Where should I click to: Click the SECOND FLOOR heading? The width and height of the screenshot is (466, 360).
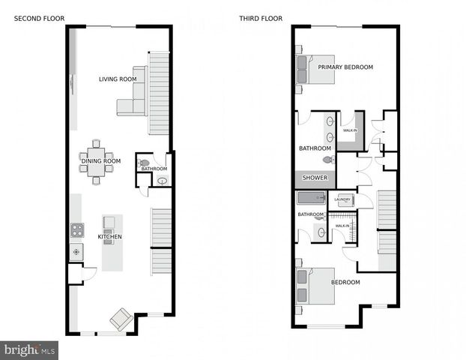[x=40, y=17]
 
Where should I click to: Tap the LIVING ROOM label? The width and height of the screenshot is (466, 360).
[x=118, y=79]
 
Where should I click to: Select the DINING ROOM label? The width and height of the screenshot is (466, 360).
[x=100, y=160]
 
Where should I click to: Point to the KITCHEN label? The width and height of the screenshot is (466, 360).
[x=109, y=237]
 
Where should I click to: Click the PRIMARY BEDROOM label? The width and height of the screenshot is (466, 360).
[x=345, y=67]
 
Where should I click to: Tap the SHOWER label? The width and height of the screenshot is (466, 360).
[x=315, y=178]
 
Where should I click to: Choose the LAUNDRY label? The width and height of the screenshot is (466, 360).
[x=342, y=199]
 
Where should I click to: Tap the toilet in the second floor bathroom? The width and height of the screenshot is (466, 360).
[x=145, y=163]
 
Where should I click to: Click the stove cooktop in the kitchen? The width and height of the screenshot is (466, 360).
[x=76, y=230]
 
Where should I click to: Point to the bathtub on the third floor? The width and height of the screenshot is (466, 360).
[x=310, y=199]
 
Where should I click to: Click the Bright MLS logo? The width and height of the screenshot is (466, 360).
[x=29, y=349]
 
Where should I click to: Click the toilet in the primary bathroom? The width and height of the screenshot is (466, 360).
[x=327, y=159]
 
